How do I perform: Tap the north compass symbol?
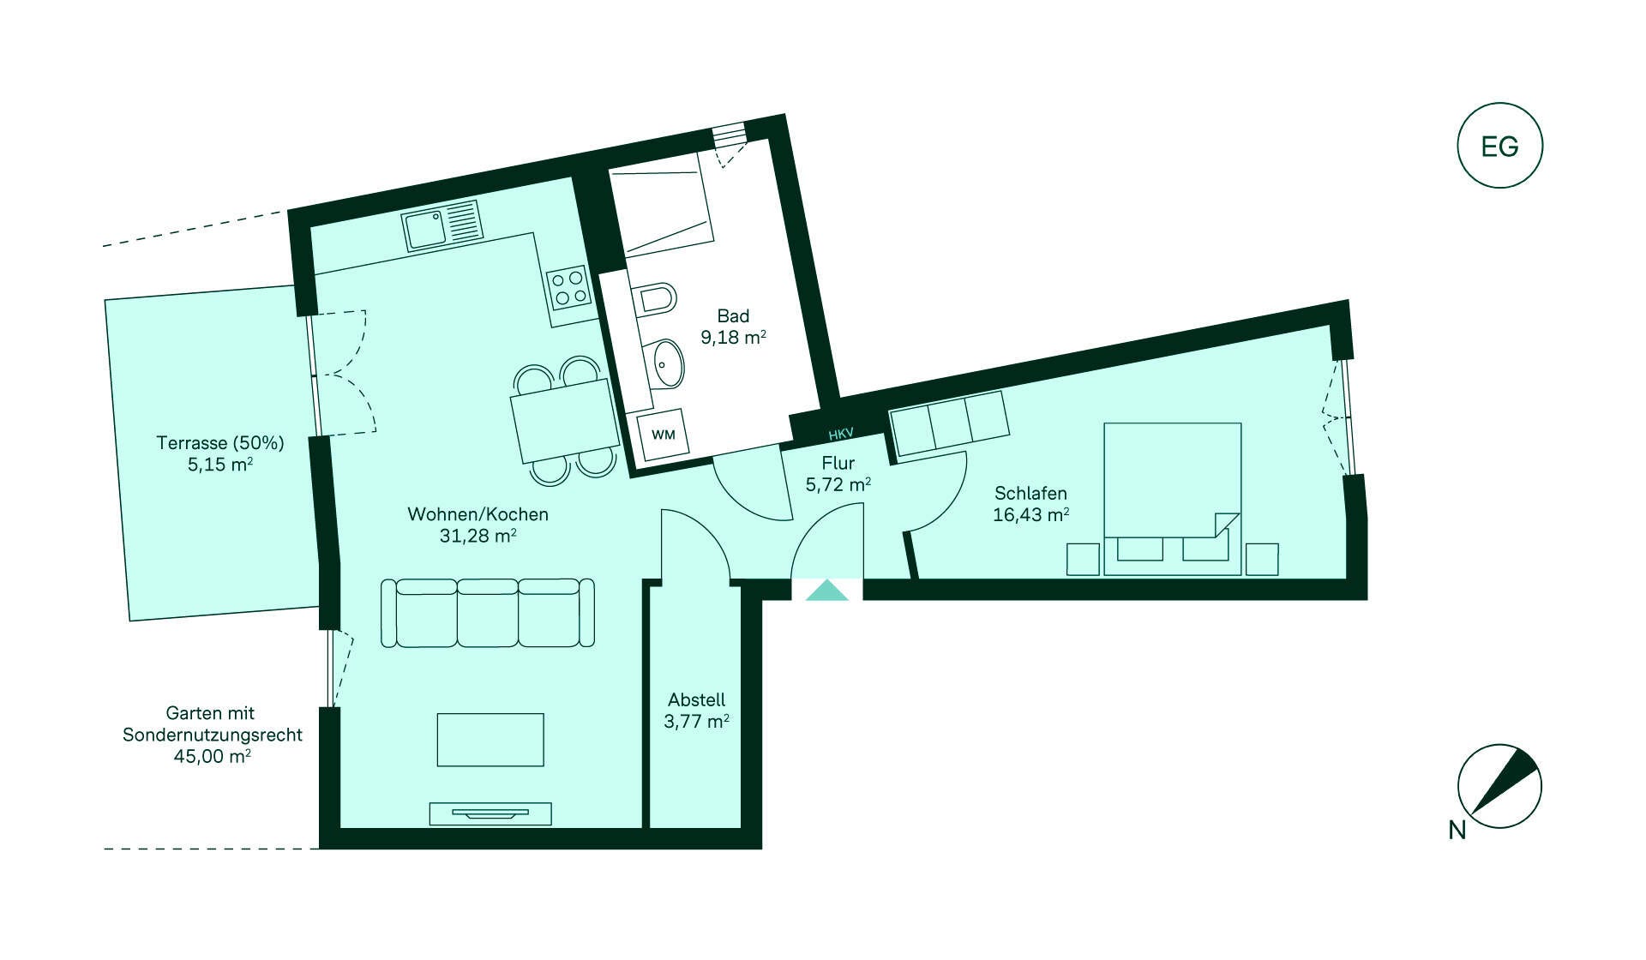tap(1499, 786)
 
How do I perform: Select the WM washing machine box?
tap(663, 435)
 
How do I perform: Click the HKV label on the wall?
tap(841, 434)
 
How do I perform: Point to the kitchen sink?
tap(442, 225)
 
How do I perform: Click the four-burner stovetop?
tap(569, 287)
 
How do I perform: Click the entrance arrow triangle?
tap(827, 591)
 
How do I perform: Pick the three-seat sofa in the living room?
tap(488, 613)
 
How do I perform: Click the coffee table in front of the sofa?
tap(490, 740)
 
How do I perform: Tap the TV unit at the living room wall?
tap(490, 813)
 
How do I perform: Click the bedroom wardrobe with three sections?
tap(949, 423)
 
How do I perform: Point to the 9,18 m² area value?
tap(733, 337)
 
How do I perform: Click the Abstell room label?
tap(697, 699)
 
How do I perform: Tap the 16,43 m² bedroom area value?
tap(1030, 514)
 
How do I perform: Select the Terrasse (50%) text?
tap(220, 443)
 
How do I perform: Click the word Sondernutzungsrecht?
tap(213, 735)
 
